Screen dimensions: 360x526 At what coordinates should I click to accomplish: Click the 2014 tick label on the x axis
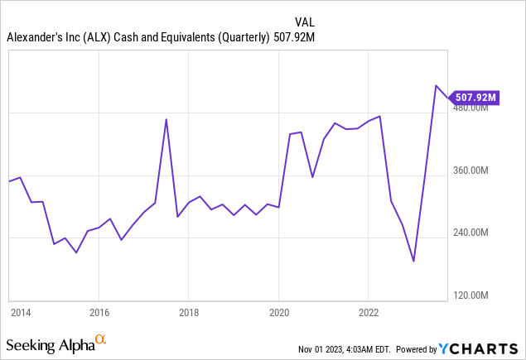point(20,313)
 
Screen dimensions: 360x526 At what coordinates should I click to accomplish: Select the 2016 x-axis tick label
point(99,313)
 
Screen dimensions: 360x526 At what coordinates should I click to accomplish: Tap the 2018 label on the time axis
point(188,313)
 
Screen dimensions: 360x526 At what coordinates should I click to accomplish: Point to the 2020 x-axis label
point(278,313)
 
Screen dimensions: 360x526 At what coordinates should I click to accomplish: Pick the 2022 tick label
point(369,313)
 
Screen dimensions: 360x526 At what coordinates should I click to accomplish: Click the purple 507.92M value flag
point(475,98)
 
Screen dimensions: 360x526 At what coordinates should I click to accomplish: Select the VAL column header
point(305,21)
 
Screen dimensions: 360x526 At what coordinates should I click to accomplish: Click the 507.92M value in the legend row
point(299,36)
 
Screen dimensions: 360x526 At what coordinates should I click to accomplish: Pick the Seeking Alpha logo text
point(49,343)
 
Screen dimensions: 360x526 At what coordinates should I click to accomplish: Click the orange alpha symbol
point(101,339)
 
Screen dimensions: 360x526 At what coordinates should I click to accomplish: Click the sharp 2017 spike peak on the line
point(166,119)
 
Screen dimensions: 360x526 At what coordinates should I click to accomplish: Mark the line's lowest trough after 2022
point(413,262)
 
